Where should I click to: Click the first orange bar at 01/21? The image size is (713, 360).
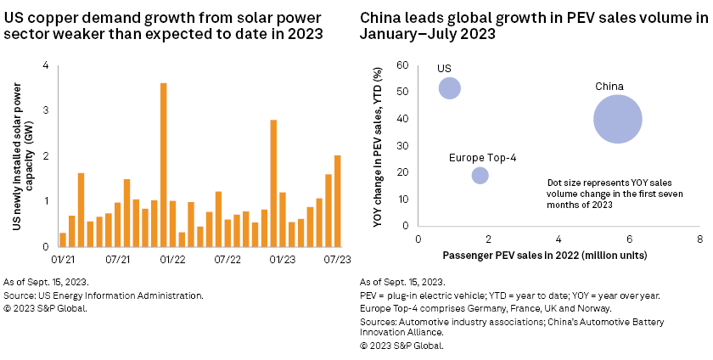tap(63, 239)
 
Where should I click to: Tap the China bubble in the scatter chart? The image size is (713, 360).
tap(617, 119)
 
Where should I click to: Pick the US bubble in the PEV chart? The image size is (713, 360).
tap(450, 87)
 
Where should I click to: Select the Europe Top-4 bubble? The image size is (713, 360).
tap(480, 175)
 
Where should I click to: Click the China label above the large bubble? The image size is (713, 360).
tap(609, 87)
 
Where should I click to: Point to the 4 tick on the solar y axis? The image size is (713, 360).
tap(45, 65)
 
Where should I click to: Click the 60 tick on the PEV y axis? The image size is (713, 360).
tap(403, 65)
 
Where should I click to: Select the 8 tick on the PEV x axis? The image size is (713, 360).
tap(699, 240)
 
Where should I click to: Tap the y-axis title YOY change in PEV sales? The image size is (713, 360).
tap(379, 147)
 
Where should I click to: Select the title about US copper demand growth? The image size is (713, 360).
tap(170, 25)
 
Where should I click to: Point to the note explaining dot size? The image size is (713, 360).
tap(615, 194)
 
